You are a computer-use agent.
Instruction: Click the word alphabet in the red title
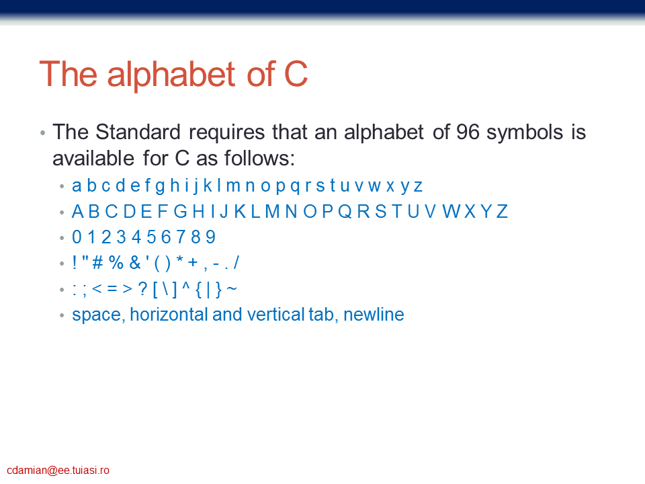click(x=171, y=75)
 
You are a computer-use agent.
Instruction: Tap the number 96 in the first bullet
click(x=468, y=132)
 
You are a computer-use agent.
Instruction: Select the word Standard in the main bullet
click(x=138, y=132)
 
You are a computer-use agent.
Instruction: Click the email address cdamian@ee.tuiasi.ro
click(x=58, y=470)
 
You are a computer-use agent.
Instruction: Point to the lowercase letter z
click(x=418, y=186)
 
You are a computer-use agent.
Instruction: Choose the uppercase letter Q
click(x=345, y=212)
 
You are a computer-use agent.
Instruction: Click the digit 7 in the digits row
click(x=181, y=237)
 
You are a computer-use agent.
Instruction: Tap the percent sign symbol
click(x=116, y=263)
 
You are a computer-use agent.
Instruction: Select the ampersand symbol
click(x=134, y=263)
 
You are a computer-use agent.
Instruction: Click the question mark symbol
click(x=142, y=288)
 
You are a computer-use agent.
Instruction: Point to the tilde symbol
click(x=232, y=288)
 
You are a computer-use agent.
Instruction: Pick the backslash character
click(x=165, y=289)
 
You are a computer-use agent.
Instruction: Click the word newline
click(x=374, y=315)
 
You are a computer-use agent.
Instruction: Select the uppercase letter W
click(x=451, y=212)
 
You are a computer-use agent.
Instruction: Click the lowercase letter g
click(x=160, y=186)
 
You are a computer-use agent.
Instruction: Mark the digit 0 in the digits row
click(x=77, y=237)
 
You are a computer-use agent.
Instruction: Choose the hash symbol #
click(x=97, y=263)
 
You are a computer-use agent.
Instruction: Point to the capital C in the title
click(x=296, y=75)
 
